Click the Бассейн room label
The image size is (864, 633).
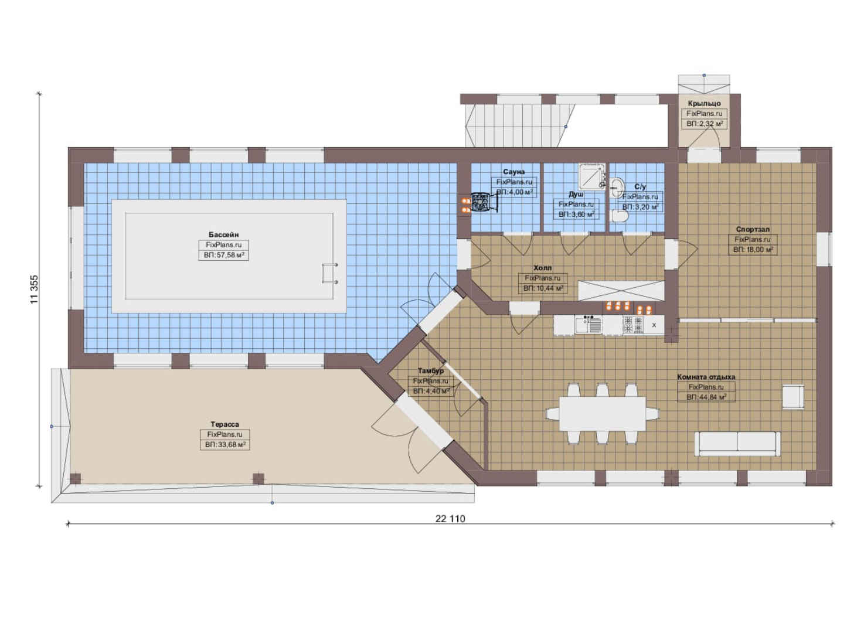pyautogui.click(x=224, y=234)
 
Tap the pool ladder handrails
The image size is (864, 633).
pyautogui.click(x=330, y=273)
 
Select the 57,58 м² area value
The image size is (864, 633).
pyautogui.click(x=224, y=255)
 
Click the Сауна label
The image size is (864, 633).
pyautogui.click(x=514, y=172)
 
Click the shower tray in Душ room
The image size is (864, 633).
pyautogui.click(x=591, y=176)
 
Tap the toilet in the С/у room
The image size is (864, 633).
pyautogui.click(x=619, y=216)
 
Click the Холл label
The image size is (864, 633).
pyautogui.click(x=542, y=268)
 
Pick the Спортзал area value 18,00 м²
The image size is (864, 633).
pyautogui.click(x=753, y=250)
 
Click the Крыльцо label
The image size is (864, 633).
pyautogui.click(x=705, y=103)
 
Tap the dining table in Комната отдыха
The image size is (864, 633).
pyautogui.click(x=603, y=414)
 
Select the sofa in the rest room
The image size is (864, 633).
pyautogui.click(x=737, y=444)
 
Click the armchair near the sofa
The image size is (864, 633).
pyautogui.click(x=793, y=397)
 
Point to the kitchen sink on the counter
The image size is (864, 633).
pyautogui.click(x=589, y=325)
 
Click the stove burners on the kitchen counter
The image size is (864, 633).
pyautogui.click(x=633, y=325)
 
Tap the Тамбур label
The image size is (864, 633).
pyautogui.click(x=431, y=370)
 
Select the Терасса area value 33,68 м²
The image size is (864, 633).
pyautogui.click(x=225, y=445)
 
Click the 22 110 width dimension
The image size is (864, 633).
pyautogui.click(x=450, y=519)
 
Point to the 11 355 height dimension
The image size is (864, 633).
pyautogui.click(x=35, y=290)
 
